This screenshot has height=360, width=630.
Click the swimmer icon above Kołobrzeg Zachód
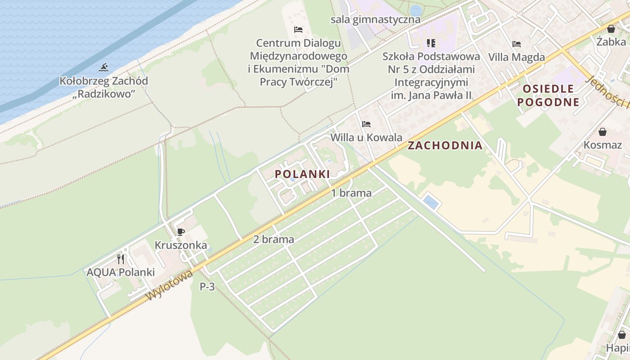pos(103,68)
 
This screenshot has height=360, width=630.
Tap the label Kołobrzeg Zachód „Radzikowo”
pos(103,87)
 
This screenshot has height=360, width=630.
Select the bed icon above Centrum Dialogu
pos(298,30)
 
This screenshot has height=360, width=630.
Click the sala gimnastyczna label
pos(375,19)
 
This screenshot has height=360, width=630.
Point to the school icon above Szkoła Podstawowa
pos(431,43)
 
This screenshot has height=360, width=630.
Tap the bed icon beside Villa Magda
pos(516,44)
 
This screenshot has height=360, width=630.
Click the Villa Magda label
pos(517,57)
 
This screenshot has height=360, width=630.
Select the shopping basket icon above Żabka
pos(611,29)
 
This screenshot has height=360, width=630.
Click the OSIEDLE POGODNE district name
pos(548,95)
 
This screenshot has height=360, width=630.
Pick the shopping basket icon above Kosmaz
pos(602,132)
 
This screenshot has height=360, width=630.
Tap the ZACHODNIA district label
pos(445,145)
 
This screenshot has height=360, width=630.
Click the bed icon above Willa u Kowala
pos(366,124)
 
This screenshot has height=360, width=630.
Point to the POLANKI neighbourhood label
pos(302,174)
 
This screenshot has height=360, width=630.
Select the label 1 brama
pos(351,193)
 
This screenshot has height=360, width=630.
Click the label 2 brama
pos(274,239)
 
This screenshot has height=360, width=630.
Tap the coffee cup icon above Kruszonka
pos(180,232)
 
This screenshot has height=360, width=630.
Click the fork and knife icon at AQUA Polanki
pos(120,259)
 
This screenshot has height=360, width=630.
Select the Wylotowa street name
pos(170,285)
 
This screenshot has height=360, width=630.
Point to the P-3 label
pos(207,286)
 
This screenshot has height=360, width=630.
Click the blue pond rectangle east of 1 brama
pos(431,202)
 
